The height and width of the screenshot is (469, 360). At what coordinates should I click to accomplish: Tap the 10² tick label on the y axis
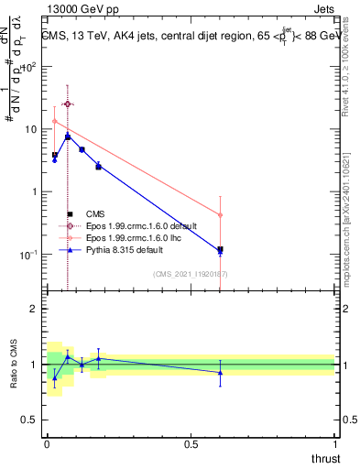[x=31, y=67]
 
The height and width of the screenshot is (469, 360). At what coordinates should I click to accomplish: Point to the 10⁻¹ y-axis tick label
[x=31, y=254]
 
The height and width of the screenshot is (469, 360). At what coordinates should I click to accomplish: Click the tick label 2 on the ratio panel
[x=35, y=310]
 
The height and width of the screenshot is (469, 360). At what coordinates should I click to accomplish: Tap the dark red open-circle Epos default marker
[x=67, y=104]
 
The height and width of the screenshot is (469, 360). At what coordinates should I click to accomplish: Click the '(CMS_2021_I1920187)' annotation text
[x=191, y=274]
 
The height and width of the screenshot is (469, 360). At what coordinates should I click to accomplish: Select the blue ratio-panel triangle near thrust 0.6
[x=220, y=372]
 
